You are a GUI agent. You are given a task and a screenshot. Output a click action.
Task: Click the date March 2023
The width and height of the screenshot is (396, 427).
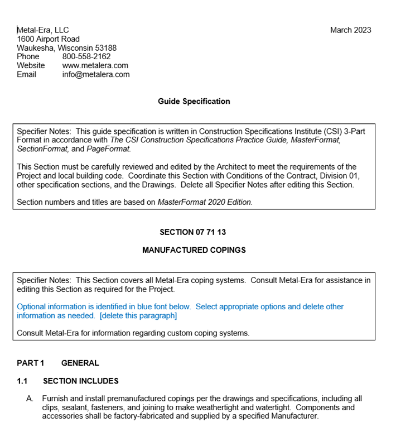(x=350, y=30)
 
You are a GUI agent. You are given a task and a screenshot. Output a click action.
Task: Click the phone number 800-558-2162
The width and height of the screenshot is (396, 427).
(x=86, y=56)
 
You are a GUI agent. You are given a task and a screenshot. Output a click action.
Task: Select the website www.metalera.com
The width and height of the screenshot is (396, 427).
(x=95, y=65)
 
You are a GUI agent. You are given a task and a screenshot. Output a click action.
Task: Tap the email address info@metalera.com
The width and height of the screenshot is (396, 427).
(x=96, y=74)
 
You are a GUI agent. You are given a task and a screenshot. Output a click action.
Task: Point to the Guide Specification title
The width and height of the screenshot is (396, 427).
(x=194, y=102)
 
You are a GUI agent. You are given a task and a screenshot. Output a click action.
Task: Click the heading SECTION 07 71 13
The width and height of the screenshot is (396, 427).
(x=192, y=232)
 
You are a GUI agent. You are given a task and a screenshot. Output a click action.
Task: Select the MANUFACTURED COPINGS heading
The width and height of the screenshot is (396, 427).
(x=194, y=250)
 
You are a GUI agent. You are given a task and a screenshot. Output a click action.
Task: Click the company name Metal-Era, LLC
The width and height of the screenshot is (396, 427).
(x=43, y=30)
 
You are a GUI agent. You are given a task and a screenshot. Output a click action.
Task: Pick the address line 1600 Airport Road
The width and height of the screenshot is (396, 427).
(x=48, y=39)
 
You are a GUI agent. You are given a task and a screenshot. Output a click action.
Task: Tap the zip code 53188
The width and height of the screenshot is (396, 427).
(x=105, y=48)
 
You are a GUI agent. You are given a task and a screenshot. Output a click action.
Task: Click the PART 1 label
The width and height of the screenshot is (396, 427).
(x=30, y=363)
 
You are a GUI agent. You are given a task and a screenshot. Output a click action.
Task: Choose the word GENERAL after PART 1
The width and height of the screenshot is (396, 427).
(x=80, y=363)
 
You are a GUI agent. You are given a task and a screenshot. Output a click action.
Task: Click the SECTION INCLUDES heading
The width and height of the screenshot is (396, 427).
(x=81, y=381)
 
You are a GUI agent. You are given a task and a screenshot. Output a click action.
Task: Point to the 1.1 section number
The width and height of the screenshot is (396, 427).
(x=22, y=381)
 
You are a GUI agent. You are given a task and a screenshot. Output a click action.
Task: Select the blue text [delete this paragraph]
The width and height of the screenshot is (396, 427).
(x=138, y=316)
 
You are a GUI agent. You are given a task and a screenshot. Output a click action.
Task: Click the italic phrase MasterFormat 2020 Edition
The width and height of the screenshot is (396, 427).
(x=205, y=203)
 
